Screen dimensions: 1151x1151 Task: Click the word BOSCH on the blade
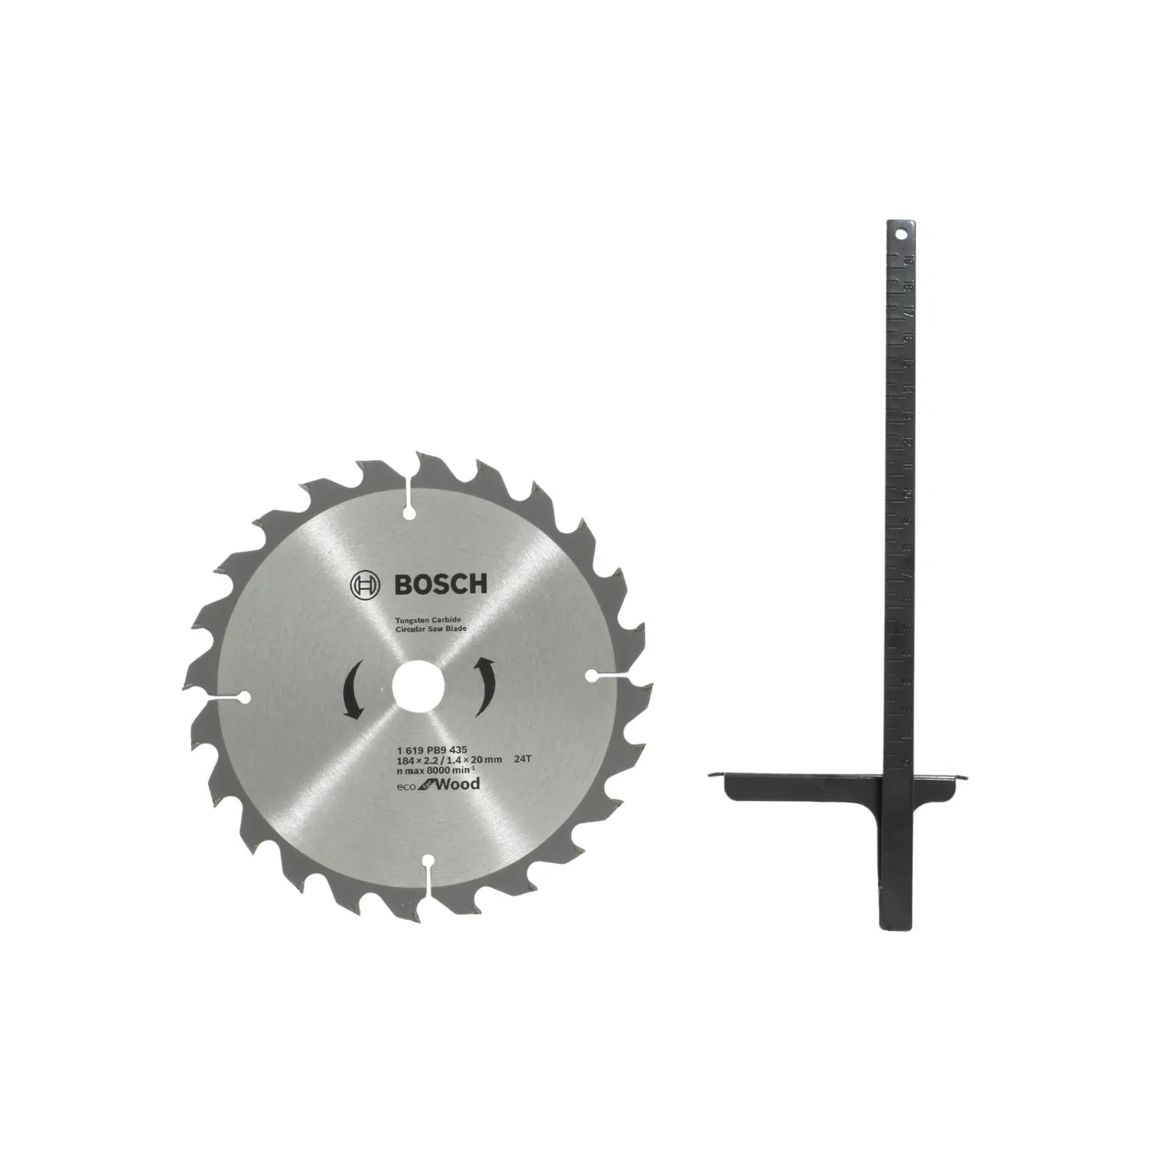click(440, 585)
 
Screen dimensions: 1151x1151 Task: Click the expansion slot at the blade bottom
click(428, 873)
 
